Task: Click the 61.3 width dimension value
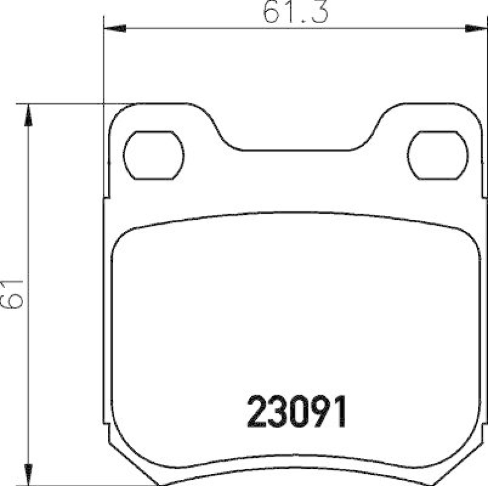pos(295,12)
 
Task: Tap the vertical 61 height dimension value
pos(13,294)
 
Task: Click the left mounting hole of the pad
pos(154,155)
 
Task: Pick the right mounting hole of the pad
pos(438,155)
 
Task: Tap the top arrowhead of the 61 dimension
pos(27,114)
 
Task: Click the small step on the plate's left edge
pos(107,198)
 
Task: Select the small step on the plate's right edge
pos(484,198)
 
